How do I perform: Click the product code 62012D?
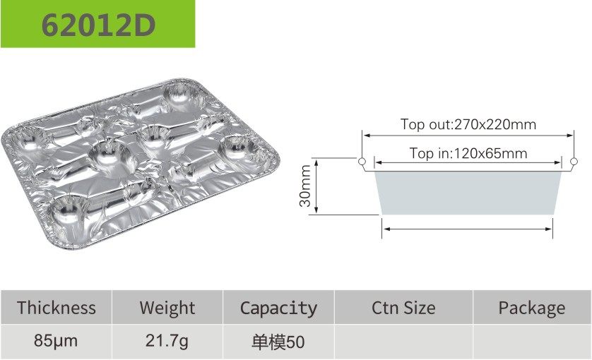click(98, 25)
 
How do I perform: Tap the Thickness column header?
click(57, 308)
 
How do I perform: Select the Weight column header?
click(167, 308)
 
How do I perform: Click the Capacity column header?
click(278, 308)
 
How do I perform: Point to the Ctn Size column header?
click(403, 308)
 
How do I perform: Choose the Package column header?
click(532, 308)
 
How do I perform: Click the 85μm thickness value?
click(56, 341)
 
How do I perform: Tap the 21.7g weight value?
click(167, 341)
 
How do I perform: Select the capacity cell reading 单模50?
click(278, 342)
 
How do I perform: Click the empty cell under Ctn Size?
click(403, 342)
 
